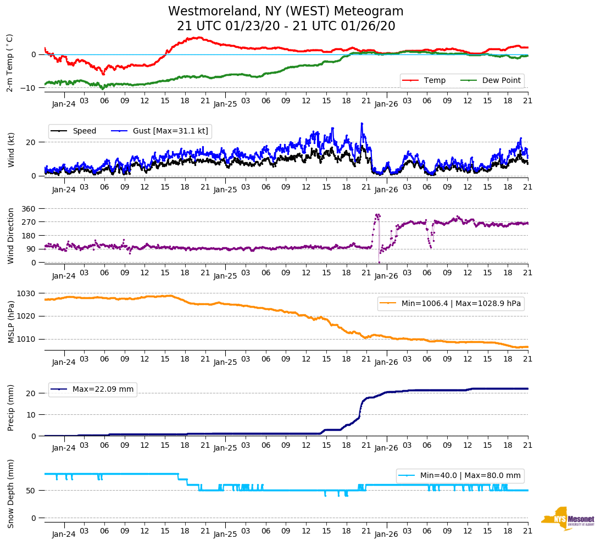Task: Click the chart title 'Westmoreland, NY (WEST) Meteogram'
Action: coord(286,12)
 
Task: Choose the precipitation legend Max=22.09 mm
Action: coord(93,390)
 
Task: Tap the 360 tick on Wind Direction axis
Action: coord(29,209)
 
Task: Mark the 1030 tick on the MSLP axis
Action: coord(26,293)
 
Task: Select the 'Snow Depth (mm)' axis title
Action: coord(11,494)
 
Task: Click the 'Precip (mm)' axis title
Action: coord(11,407)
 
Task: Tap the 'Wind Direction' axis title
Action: coord(11,236)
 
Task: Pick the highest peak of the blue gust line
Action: coord(361,124)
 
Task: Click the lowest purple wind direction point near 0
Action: coord(379,262)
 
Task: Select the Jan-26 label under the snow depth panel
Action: coord(386,534)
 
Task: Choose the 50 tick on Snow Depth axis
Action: coord(32,491)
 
